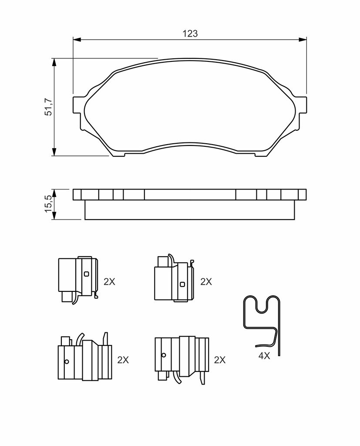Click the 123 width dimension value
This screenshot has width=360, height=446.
pos(190,34)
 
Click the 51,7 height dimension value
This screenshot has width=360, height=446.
pos(48,107)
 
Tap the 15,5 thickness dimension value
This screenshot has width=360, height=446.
pos(48,203)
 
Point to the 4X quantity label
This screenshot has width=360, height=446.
pos(264,355)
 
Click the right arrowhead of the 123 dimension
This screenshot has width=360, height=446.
pos(303,39)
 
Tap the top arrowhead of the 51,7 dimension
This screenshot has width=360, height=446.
pos(54,62)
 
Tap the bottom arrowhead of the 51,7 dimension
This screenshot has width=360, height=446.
pos(54,152)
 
